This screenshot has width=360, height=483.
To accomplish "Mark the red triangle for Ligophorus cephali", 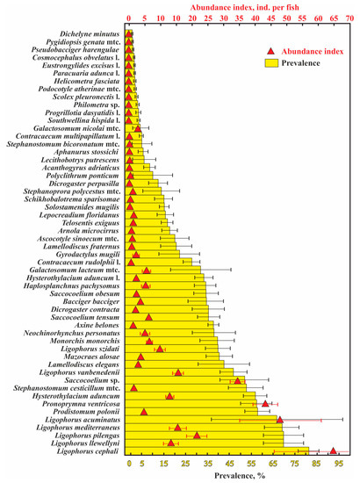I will click(x=333, y=451).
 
